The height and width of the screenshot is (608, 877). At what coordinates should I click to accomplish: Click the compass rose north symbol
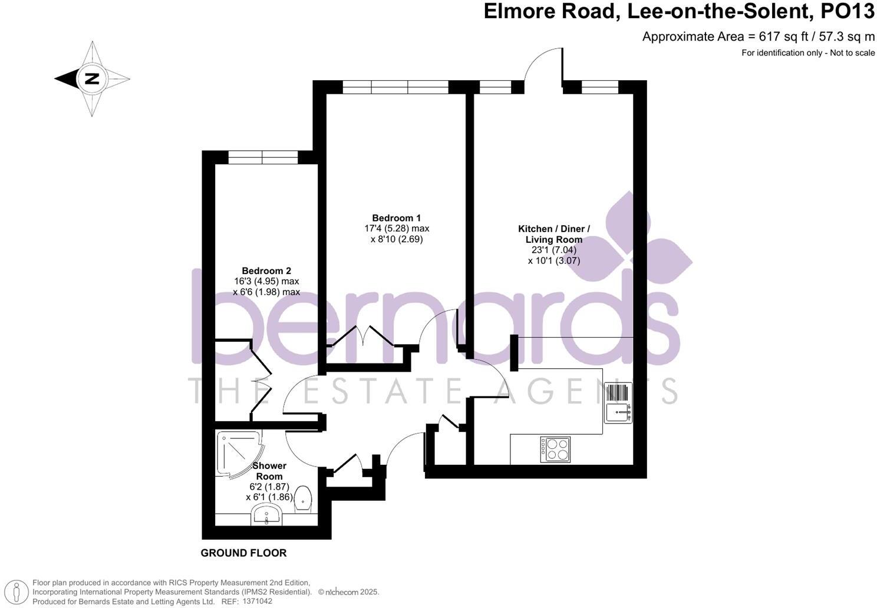[x=91, y=78]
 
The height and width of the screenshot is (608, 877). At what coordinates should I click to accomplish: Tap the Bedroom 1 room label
[x=396, y=218]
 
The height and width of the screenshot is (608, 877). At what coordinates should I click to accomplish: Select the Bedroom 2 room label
[x=266, y=271]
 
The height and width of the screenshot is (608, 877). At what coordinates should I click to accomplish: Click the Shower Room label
[x=269, y=471]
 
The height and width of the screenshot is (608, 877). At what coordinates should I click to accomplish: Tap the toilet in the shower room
[x=302, y=498]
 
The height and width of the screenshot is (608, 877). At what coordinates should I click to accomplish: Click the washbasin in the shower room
[x=267, y=517]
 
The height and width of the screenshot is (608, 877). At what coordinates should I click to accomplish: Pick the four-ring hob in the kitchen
[x=555, y=450]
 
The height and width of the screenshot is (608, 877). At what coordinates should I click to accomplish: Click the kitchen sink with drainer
[x=618, y=402]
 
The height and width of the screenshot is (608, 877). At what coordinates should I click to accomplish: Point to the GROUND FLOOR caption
[x=243, y=553]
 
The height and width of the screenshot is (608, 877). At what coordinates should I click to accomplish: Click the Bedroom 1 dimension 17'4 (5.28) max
[x=396, y=229]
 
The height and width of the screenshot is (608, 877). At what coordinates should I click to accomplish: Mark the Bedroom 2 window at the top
[x=263, y=157]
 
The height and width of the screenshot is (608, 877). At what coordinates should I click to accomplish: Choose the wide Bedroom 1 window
[x=395, y=87]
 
